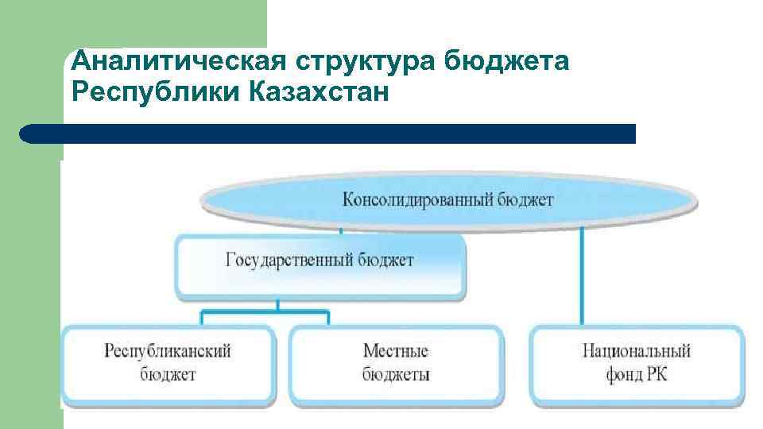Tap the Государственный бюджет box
click(320, 267)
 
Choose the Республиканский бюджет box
click(168, 362)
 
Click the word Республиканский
click(168, 350)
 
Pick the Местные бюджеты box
click(396, 362)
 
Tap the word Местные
click(396, 350)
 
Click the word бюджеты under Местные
click(396, 373)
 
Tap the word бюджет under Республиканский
click(168, 373)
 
